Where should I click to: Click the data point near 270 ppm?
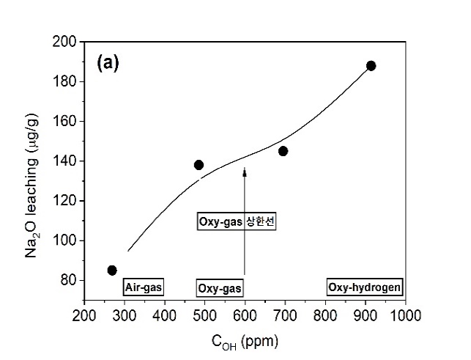point(112,270)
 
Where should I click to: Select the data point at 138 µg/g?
point(199,165)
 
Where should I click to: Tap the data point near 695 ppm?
point(283,151)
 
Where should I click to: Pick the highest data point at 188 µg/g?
point(371,66)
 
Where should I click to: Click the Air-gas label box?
point(144,288)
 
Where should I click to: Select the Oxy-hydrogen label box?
point(364,288)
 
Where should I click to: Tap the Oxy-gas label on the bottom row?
point(220,288)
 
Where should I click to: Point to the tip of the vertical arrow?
point(244,169)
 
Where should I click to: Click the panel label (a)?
point(107,62)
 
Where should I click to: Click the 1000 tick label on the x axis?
point(404,315)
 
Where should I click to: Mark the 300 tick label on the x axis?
point(124,315)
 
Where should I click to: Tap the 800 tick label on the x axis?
point(324,315)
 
